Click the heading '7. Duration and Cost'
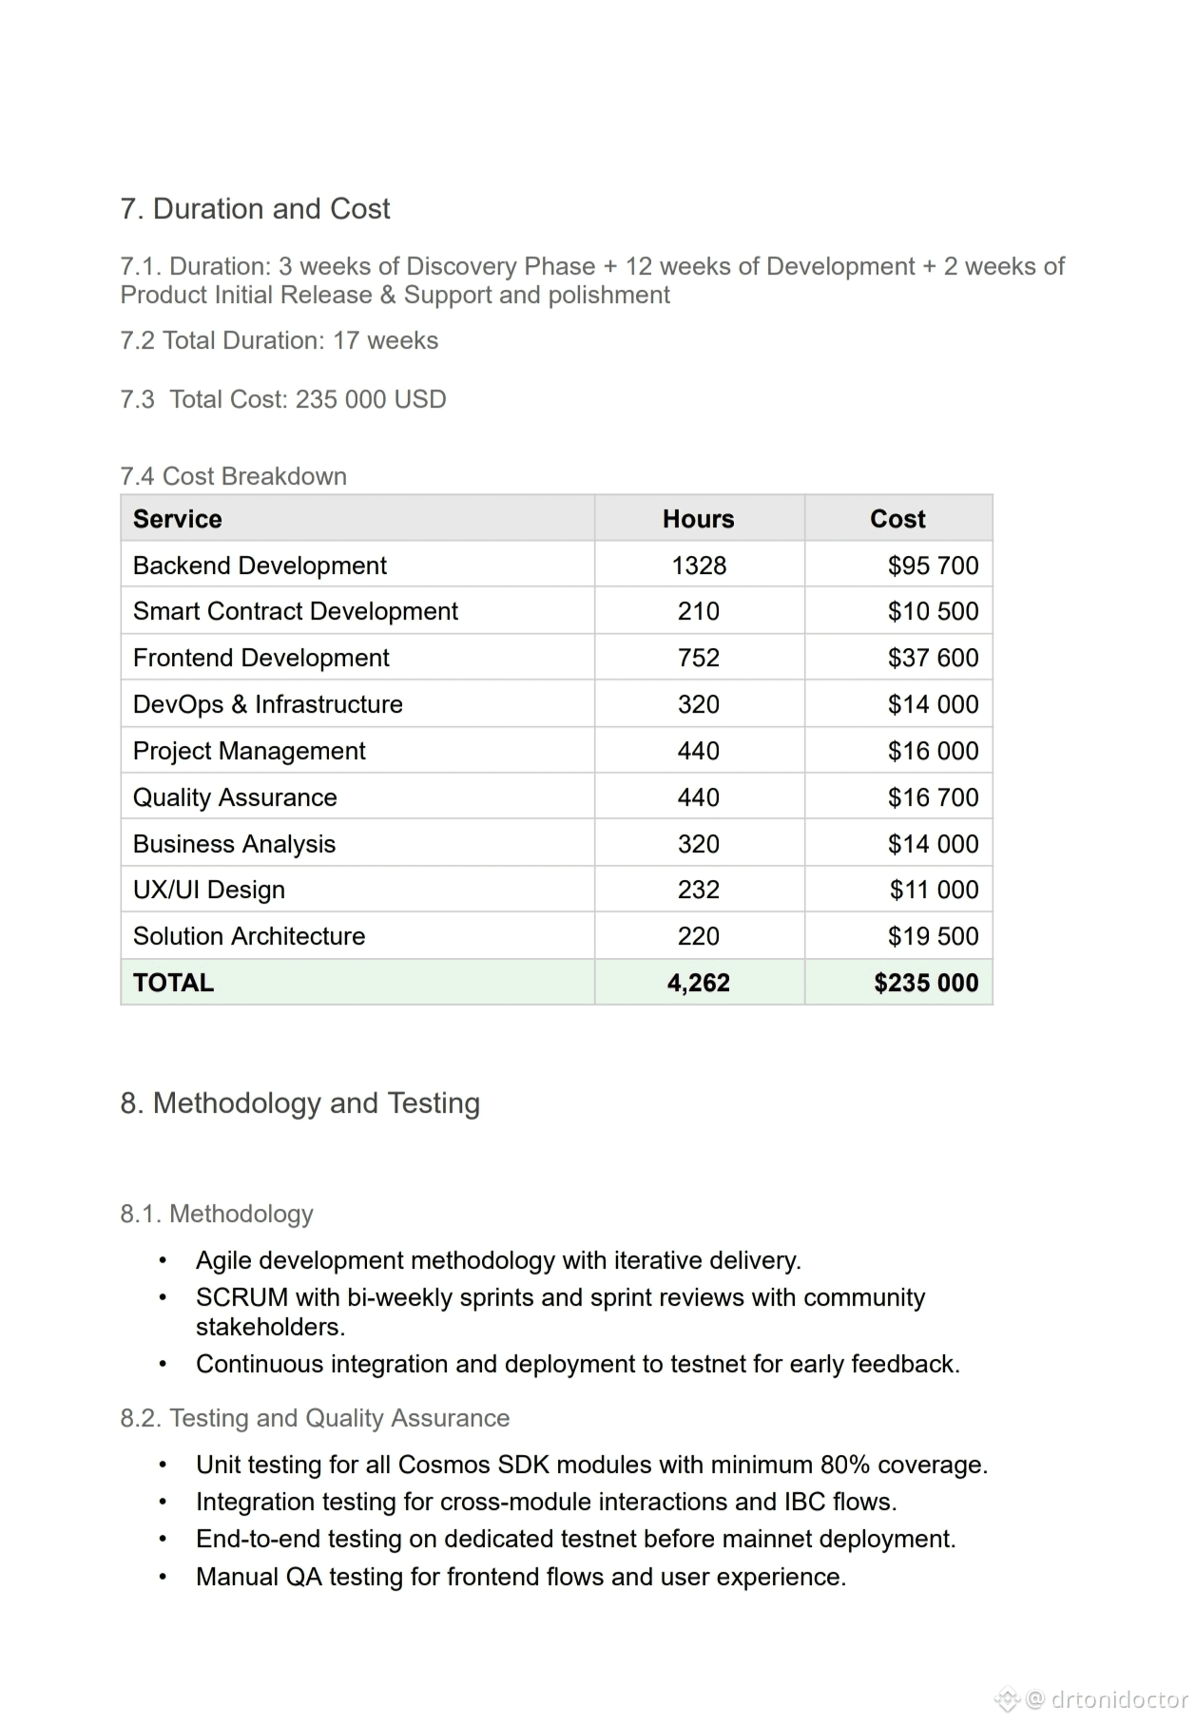click(x=255, y=209)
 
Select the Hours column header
click(x=698, y=519)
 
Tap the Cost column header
click(x=897, y=519)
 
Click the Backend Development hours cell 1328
click(x=699, y=565)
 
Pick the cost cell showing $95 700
click(x=933, y=565)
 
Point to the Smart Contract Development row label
click(x=296, y=611)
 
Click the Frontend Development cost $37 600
click(x=933, y=658)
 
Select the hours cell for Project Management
click(x=699, y=751)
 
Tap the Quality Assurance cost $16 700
click(x=933, y=797)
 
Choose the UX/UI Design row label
click(x=209, y=890)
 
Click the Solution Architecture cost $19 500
click(x=933, y=936)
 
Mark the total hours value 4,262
click(x=699, y=983)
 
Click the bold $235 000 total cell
click(x=926, y=983)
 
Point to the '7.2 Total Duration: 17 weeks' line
click(x=280, y=340)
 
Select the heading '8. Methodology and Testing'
click(x=300, y=1103)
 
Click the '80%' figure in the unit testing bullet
click(x=846, y=1465)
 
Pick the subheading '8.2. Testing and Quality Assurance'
click(x=315, y=1418)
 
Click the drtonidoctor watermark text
click(x=1119, y=1698)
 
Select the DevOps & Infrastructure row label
click(x=268, y=704)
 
